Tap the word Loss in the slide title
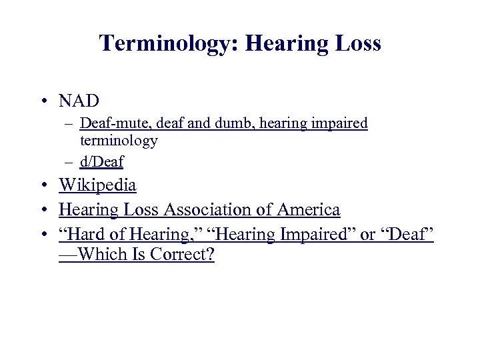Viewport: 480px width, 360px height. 357,43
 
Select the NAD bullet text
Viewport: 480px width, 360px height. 79,101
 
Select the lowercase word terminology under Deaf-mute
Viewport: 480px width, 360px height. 119,141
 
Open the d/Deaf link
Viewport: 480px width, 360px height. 101,161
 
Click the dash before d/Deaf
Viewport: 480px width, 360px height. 69,161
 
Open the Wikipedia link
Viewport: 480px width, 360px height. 97,185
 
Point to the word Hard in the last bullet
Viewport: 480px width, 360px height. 83,234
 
